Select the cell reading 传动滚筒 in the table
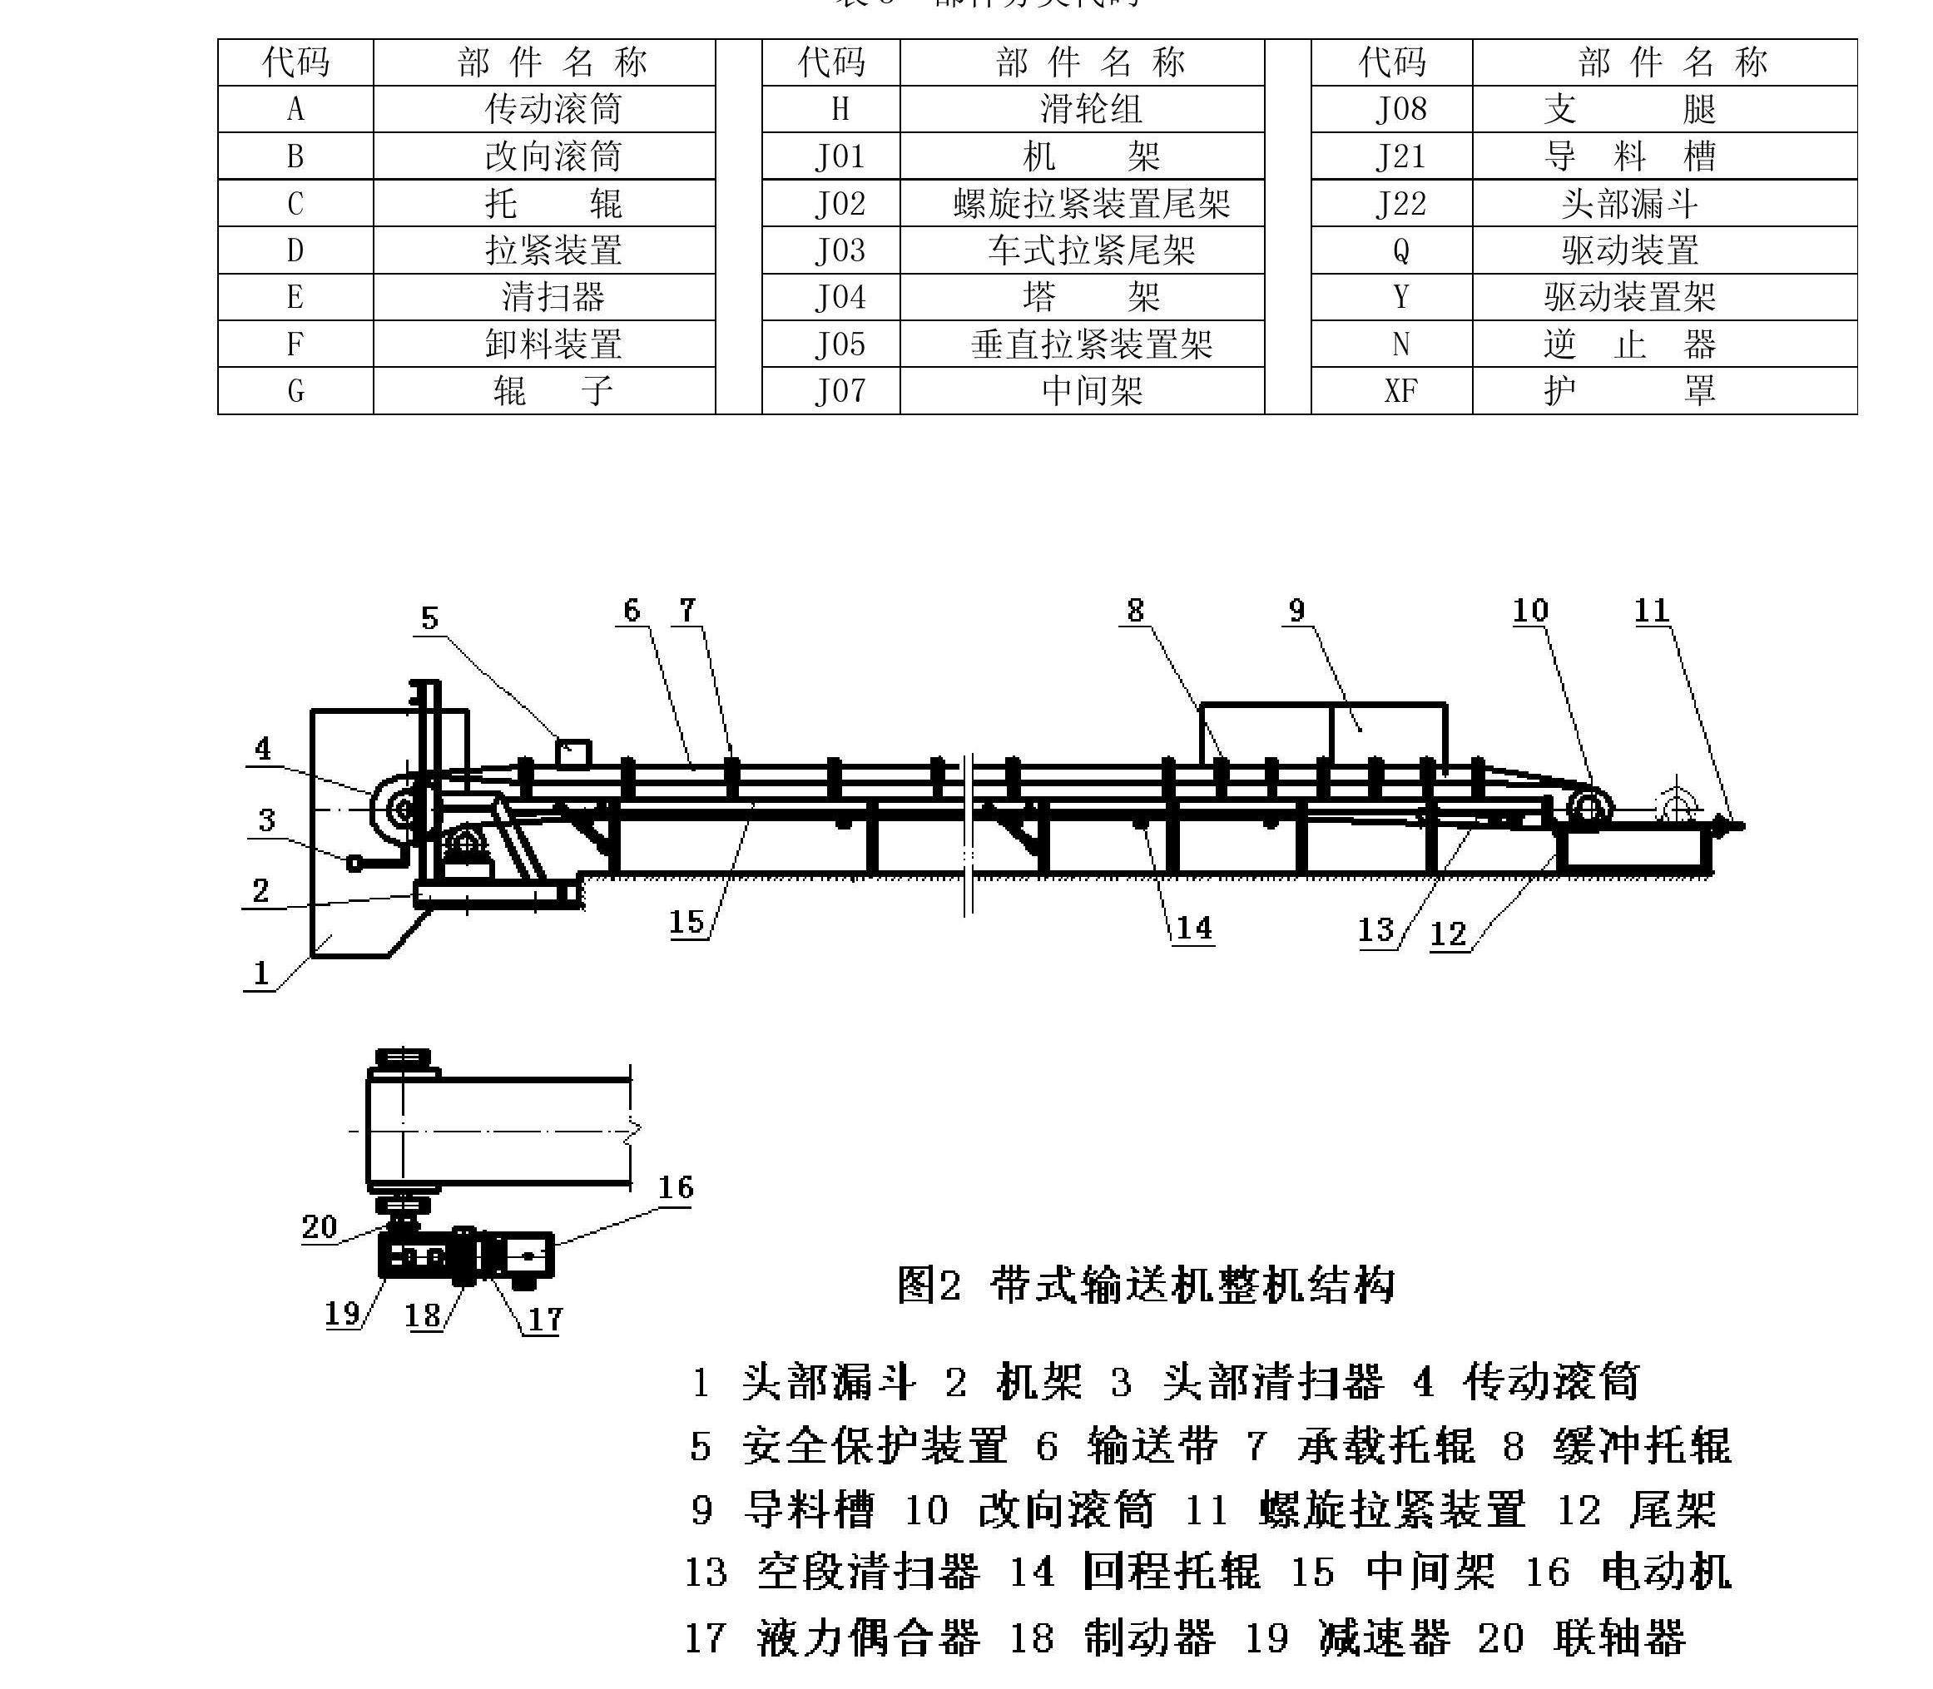click(553, 109)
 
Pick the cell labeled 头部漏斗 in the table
click(1629, 204)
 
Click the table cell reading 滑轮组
click(1090, 109)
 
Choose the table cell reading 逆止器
click(1629, 344)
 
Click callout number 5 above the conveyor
click(429, 618)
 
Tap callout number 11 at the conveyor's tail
click(1651, 611)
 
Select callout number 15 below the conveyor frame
click(687, 921)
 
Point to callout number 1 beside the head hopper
click(261, 973)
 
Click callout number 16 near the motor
click(676, 1187)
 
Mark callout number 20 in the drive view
click(320, 1226)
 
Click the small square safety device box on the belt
click(574, 754)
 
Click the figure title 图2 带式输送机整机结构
click(1144, 1285)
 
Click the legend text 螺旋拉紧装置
click(1392, 1510)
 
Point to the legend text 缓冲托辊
click(1641, 1446)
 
